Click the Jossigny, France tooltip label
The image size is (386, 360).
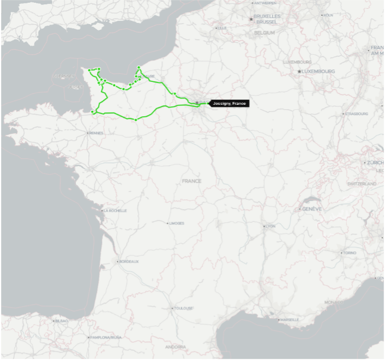pos(230,103)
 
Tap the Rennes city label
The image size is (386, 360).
pos(96,133)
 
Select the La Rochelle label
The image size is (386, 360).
pos(115,211)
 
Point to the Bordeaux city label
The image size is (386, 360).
pos(129,262)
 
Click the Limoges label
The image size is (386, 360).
pos(177,223)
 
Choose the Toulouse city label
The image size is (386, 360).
pos(183,308)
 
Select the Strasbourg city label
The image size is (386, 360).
pos(357,113)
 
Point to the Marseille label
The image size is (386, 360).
pos(289,320)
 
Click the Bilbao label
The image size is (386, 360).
pos(62,321)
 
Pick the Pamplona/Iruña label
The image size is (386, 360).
pos(106,338)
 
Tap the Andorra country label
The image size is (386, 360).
pos(176,347)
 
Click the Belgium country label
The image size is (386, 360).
pos(264,33)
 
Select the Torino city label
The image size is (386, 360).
pos(349,253)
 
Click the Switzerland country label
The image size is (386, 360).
pos(361,184)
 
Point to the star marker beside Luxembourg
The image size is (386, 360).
pos(299,71)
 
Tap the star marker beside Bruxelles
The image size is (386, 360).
pos(251,19)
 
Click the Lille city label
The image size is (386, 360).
pos(222,28)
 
